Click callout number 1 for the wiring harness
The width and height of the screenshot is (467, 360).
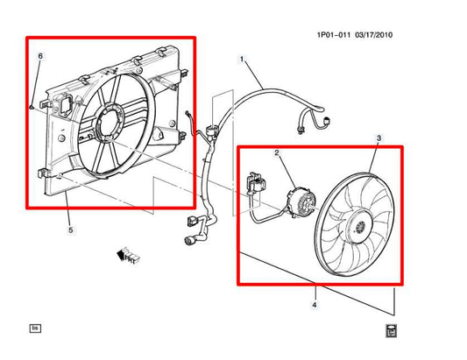pos(242,60)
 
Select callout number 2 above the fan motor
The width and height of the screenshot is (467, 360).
pos(277,153)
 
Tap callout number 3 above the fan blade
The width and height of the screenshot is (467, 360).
pos(379,138)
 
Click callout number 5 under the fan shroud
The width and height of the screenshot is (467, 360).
pos(70,230)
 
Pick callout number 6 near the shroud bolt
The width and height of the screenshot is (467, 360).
pos(39,57)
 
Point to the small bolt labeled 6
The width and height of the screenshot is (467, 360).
pos(32,108)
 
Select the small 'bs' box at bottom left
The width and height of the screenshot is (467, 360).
pos(36,328)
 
